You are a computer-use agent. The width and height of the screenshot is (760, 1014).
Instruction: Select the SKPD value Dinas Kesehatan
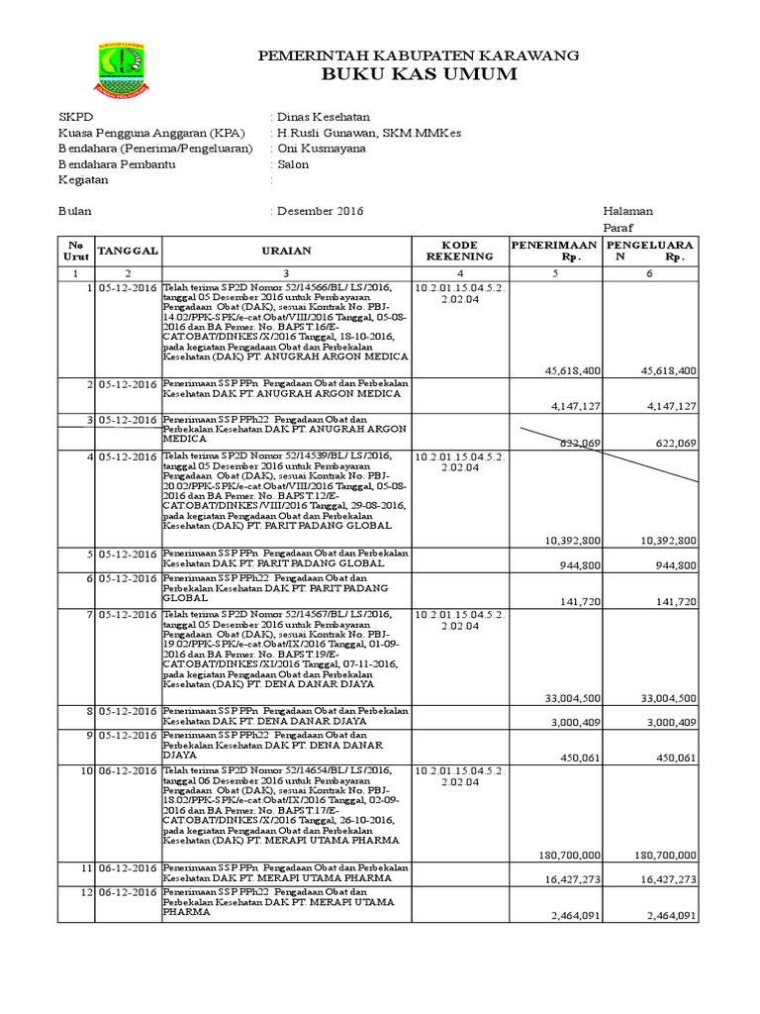321,117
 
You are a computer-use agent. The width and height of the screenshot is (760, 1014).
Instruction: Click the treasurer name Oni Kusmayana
321,149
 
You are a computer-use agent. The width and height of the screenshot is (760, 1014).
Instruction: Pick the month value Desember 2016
321,211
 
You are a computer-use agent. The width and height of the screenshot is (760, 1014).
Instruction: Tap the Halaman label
627,211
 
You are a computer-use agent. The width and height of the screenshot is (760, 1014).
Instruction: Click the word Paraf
618,227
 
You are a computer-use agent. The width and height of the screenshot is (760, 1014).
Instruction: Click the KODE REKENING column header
458,251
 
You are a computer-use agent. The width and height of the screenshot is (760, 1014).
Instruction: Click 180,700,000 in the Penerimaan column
572,854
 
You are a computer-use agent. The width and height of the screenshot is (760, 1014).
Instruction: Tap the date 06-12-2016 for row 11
126,867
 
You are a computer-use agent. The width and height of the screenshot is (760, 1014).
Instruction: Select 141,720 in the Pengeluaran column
674,601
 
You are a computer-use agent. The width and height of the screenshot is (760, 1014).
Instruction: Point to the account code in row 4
458,461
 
